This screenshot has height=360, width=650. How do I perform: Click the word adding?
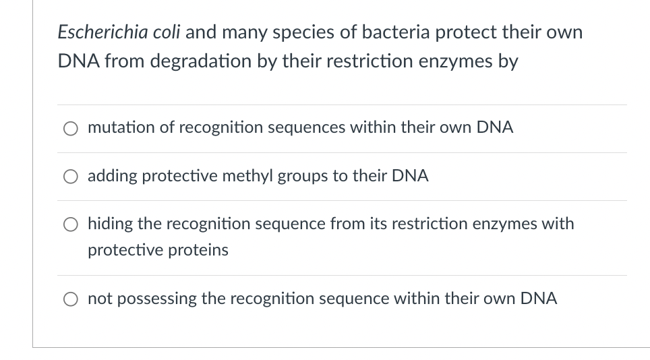click(x=111, y=176)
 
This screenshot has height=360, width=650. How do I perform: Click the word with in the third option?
click(x=557, y=223)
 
